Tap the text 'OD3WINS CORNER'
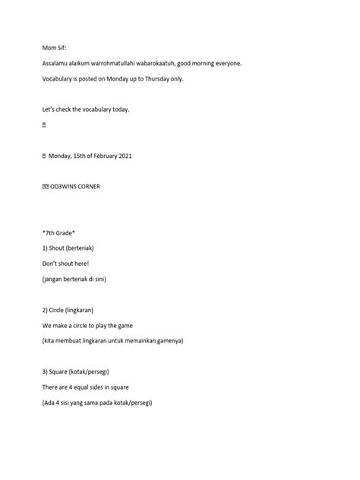point(81,186)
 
